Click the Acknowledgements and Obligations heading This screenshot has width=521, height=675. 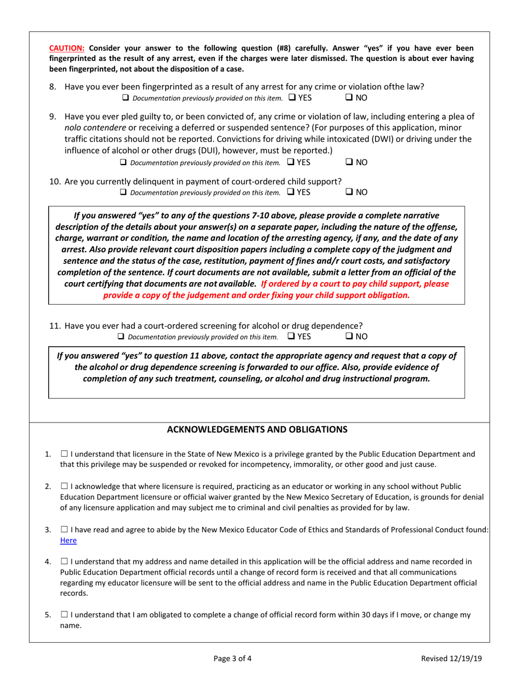click(x=257, y=429)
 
